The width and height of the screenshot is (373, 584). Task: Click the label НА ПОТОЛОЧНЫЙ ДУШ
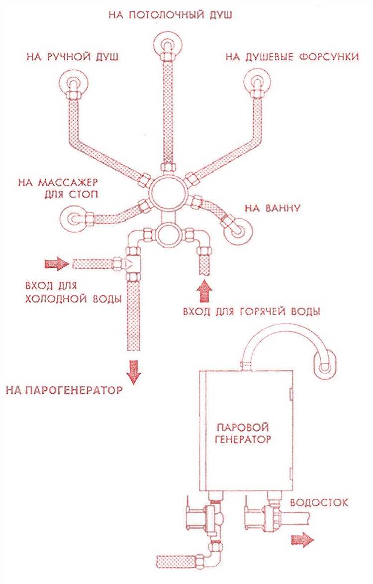click(x=171, y=14)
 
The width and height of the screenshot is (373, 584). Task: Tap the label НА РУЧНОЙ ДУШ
click(x=72, y=56)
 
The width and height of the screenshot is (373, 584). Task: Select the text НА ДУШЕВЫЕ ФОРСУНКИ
click(x=292, y=56)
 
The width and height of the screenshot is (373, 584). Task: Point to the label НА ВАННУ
click(x=272, y=207)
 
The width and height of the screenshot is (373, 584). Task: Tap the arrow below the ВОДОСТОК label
click(x=302, y=539)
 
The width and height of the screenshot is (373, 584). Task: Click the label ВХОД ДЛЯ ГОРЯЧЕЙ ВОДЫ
click(x=251, y=312)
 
